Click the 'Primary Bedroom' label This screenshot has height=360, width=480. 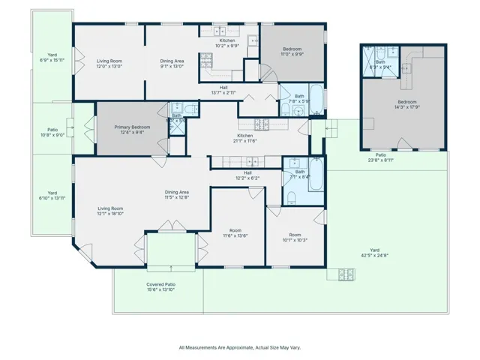coord(132,127)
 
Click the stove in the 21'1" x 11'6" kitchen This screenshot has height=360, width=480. coord(262,124)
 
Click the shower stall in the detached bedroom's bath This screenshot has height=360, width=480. coord(370,58)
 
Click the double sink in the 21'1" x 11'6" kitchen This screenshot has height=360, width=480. coord(251,160)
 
